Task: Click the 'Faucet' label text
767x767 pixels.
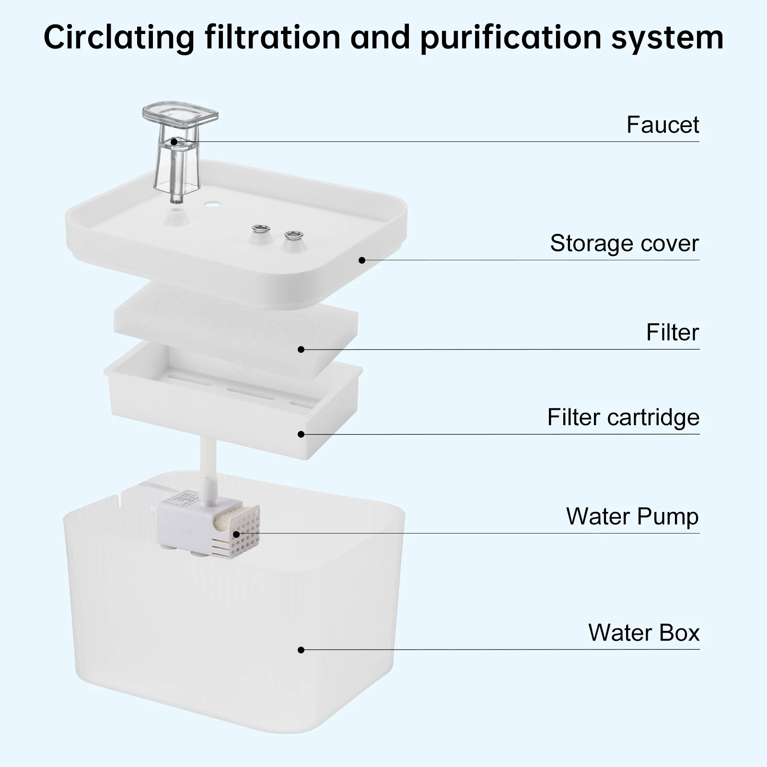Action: [x=662, y=125]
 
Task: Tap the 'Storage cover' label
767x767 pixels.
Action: [x=625, y=243]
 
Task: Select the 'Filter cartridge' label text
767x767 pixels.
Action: [x=623, y=417]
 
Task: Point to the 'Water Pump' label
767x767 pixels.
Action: [x=632, y=516]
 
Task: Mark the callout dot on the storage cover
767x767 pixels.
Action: [x=362, y=260]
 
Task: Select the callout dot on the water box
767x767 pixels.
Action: [x=301, y=650]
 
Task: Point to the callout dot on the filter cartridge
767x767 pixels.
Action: [x=301, y=434]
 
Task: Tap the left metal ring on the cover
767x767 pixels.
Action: [x=261, y=228]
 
